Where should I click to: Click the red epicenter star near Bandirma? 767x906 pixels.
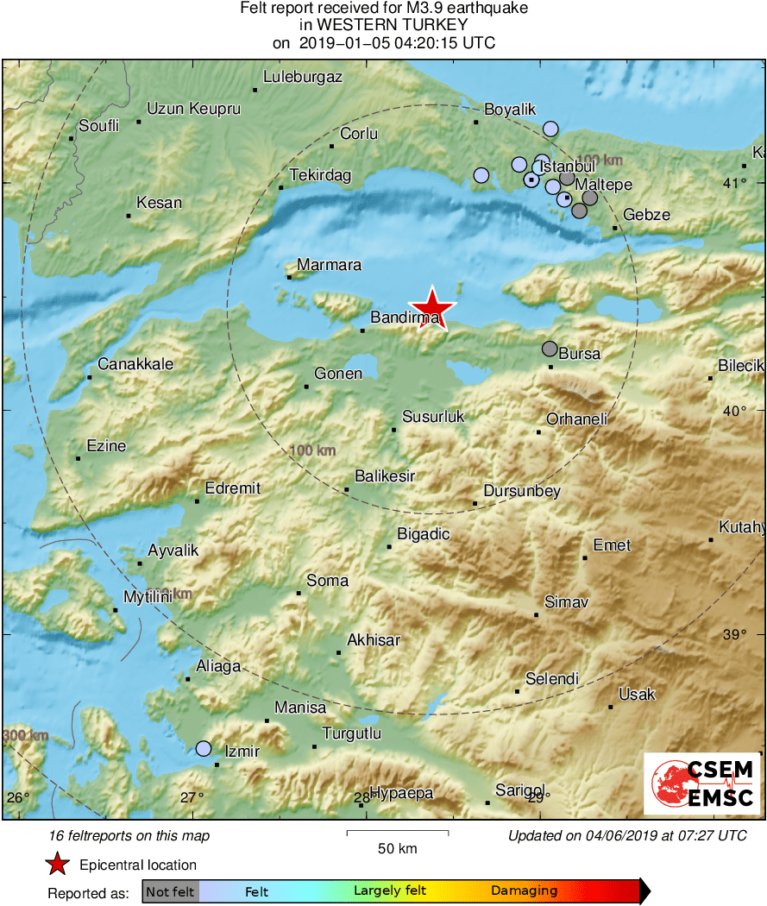point(432,307)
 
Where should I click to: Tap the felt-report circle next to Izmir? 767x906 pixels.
point(204,748)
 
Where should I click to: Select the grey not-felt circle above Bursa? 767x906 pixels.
point(550,349)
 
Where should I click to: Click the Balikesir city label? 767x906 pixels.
point(386,476)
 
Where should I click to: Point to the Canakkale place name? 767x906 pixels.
point(135,364)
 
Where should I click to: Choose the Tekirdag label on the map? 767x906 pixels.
point(320,175)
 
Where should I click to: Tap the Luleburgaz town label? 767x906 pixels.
point(303,77)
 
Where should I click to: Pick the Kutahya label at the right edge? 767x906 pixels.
point(742,527)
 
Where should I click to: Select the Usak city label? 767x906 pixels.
point(638,695)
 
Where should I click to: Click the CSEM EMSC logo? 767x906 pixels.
point(701,783)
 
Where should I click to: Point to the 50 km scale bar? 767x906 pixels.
point(397,833)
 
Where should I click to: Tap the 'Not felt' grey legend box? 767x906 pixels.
point(170,891)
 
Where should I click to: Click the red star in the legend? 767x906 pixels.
point(57,864)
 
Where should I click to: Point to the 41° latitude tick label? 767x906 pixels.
point(734,183)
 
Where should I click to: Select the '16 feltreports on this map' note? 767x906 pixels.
point(129,835)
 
